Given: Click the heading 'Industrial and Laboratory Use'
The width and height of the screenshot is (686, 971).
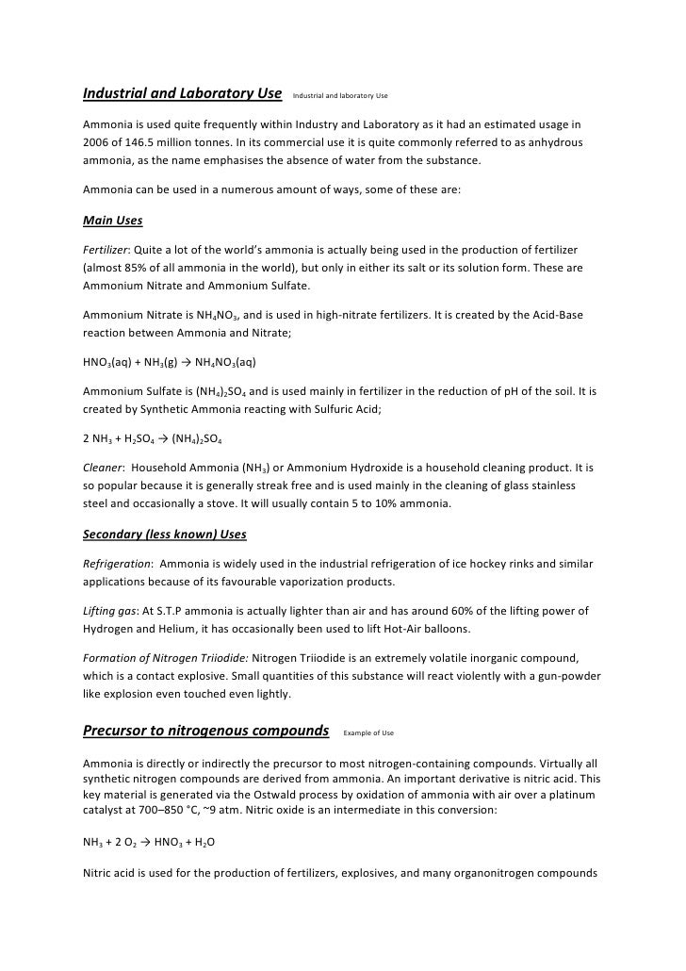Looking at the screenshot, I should pyautogui.click(x=182, y=94).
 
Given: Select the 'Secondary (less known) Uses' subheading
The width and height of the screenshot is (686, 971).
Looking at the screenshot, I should pyautogui.click(x=165, y=535).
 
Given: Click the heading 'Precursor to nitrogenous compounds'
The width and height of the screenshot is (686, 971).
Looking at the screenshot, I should pyautogui.click(x=205, y=731).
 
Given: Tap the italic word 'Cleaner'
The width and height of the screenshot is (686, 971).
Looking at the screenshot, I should pyautogui.click(x=103, y=468).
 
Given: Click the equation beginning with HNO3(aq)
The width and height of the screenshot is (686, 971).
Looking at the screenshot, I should pyautogui.click(x=170, y=361).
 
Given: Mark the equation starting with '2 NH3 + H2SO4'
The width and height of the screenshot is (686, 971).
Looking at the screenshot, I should pyautogui.click(x=153, y=438).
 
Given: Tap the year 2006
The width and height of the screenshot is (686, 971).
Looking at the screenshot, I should pyautogui.click(x=97, y=142).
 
